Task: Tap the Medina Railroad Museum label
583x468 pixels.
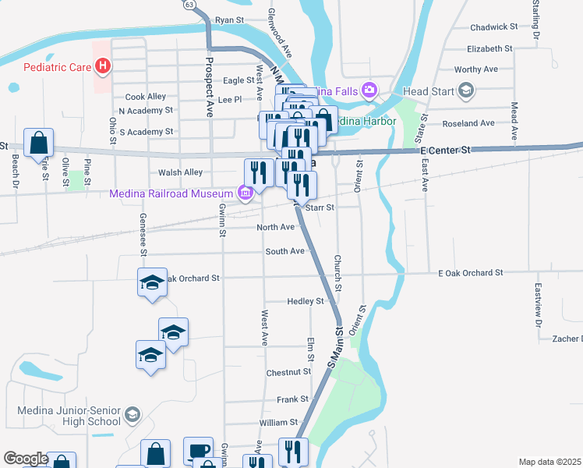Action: [171, 193]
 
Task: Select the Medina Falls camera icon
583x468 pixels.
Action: [369, 91]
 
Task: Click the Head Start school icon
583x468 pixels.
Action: [466, 91]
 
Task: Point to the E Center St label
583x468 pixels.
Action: [446, 150]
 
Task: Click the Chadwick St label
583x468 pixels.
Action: [494, 27]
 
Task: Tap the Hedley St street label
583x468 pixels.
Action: [305, 301]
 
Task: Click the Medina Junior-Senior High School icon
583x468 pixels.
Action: [132, 414]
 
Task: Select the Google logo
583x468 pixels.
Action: [25, 459]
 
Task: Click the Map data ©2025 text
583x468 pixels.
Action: [550, 462]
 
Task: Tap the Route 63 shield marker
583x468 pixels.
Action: [189, 4]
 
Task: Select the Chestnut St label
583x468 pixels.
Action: [288, 373]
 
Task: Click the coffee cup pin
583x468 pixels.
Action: [198, 452]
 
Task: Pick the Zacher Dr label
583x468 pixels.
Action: [567, 339]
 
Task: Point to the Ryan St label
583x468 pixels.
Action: [230, 19]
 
